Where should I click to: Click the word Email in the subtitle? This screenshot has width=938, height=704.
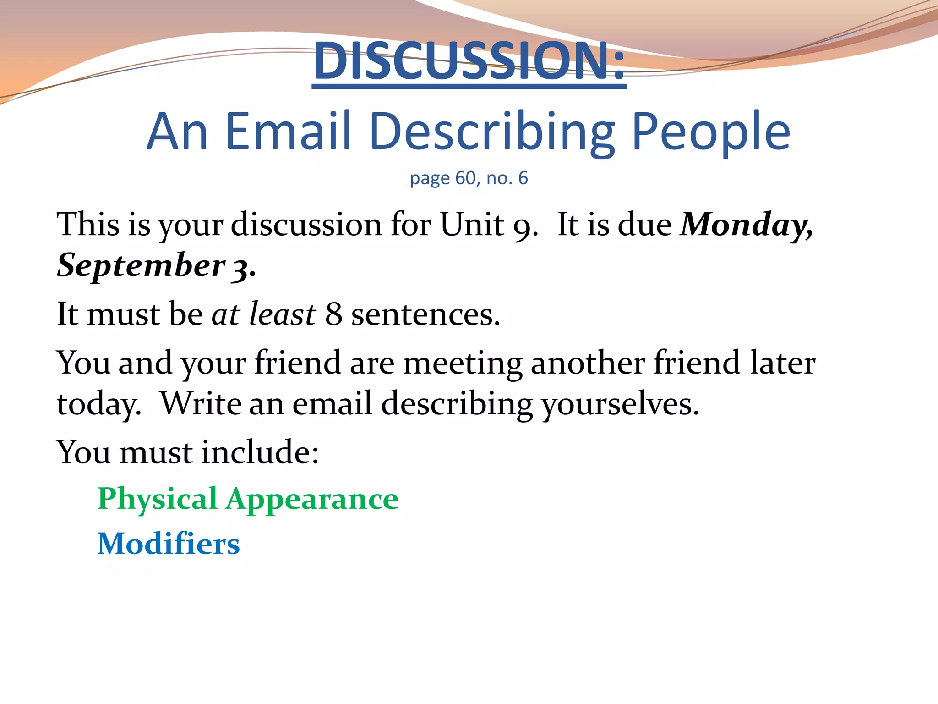(x=289, y=132)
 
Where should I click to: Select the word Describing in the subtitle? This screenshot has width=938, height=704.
(x=492, y=133)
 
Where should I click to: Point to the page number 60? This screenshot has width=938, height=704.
(x=466, y=178)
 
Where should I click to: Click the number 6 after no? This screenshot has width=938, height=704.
(x=523, y=178)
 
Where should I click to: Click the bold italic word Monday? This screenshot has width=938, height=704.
(x=746, y=225)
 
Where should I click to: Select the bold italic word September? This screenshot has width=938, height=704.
(x=141, y=266)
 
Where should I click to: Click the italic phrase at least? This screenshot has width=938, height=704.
(x=263, y=314)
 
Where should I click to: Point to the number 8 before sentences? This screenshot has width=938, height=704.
(x=333, y=314)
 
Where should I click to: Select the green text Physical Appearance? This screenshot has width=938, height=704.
(x=248, y=499)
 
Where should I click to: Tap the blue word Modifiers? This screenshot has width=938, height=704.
(x=169, y=544)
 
